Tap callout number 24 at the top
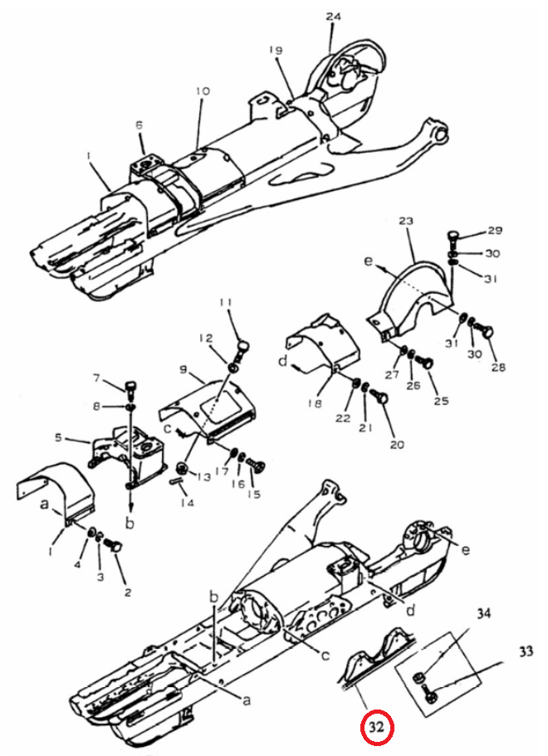(333, 17)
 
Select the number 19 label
(276, 50)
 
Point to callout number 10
(203, 90)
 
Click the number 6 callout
(139, 125)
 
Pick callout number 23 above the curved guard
(407, 222)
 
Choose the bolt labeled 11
(243, 349)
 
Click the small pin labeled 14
(175, 480)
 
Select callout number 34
(484, 614)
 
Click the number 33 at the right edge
(526, 651)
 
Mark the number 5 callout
(58, 438)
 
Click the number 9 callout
(183, 370)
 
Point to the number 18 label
(315, 403)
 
